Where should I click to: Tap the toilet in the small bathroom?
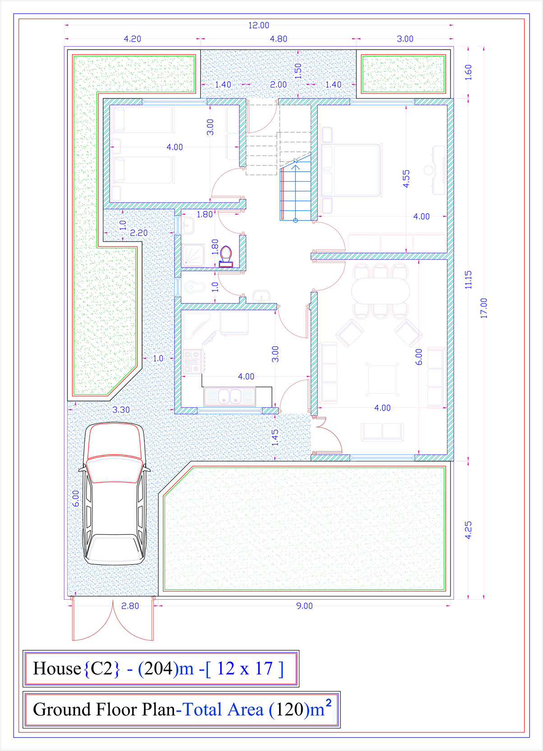pyautogui.click(x=226, y=257)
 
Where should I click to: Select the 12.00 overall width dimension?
pyautogui.click(x=258, y=25)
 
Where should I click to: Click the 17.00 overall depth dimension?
pyautogui.click(x=483, y=308)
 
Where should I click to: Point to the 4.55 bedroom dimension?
pyautogui.click(x=406, y=179)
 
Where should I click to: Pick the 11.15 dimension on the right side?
pyautogui.click(x=468, y=280)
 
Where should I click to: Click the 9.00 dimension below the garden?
pyautogui.click(x=304, y=606)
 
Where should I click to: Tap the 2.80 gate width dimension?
pyautogui.click(x=130, y=606)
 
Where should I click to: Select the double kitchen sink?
pyautogui.click(x=230, y=396)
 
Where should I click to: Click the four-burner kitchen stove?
pyautogui.click(x=192, y=361)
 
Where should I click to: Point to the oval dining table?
pyautogui.click(x=380, y=291)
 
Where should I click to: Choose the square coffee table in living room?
pyautogui.click(x=382, y=379)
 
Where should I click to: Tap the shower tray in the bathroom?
pyautogui.click(x=193, y=255)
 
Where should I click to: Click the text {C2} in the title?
pyautogui.click(x=102, y=668)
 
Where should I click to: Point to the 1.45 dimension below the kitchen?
pyautogui.click(x=275, y=438)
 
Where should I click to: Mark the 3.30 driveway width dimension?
pyautogui.click(x=121, y=410)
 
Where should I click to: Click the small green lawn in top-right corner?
pyautogui.click(x=403, y=74)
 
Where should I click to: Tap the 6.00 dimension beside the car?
pyautogui.click(x=76, y=499)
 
